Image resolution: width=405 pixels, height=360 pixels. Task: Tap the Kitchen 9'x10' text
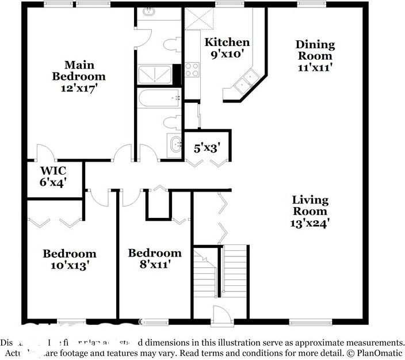click(227, 48)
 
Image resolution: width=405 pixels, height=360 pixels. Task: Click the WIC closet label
click(53, 176)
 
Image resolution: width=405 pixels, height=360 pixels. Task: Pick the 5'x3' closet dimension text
click(207, 148)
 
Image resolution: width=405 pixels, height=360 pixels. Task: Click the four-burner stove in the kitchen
click(192, 70)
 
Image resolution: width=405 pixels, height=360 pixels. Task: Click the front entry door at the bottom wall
click(221, 316)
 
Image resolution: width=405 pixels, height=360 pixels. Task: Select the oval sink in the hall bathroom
click(173, 144)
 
